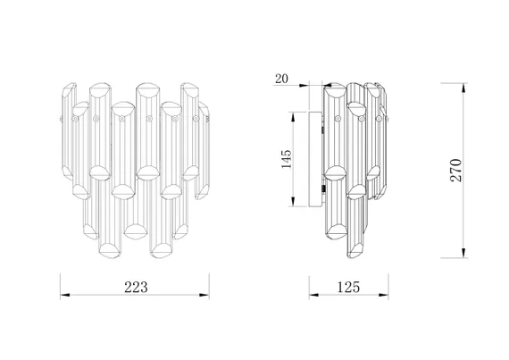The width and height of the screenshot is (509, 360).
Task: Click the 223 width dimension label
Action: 136,287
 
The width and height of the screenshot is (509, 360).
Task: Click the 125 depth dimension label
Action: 348,287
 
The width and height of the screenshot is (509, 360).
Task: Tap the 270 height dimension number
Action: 455,170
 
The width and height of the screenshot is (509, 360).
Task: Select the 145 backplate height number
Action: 287,159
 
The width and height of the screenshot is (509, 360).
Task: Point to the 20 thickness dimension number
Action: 281,79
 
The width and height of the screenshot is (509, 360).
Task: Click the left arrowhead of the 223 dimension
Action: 65,295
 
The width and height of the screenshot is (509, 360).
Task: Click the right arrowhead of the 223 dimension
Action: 204,295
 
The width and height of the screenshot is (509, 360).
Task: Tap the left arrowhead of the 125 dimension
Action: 313,295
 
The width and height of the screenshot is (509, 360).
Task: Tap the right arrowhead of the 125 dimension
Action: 384,295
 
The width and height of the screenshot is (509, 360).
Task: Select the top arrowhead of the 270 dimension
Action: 464,88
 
